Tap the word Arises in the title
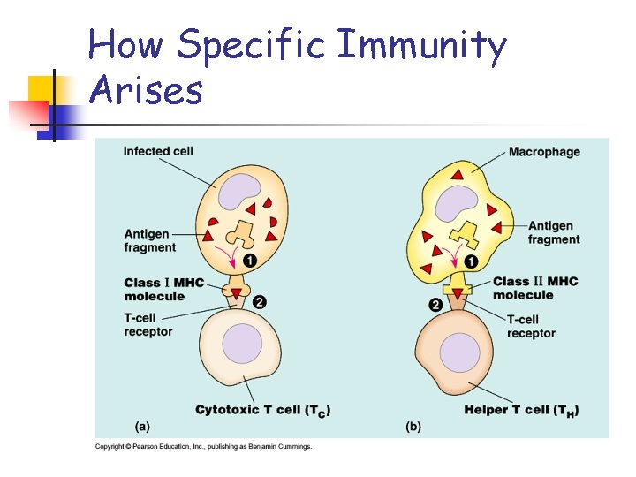[x=146, y=89]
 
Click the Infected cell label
[x=158, y=151]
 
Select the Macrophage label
[x=544, y=152]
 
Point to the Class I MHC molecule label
[x=163, y=289]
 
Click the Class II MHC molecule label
[x=535, y=288]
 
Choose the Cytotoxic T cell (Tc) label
[x=262, y=410]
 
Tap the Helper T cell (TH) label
[x=521, y=410]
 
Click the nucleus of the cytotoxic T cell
[x=242, y=344]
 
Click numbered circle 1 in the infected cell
[x=250, y=261]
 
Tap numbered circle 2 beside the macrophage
[x=435, y=305]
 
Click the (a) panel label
[x=142, y=427]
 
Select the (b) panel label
[x=413, y=427]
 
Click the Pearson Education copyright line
[x=203, y=447]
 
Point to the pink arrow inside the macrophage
[x=454, y=258]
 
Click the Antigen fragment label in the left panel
[x=149, y=240]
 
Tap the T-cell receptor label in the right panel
[x=531, y=326]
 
